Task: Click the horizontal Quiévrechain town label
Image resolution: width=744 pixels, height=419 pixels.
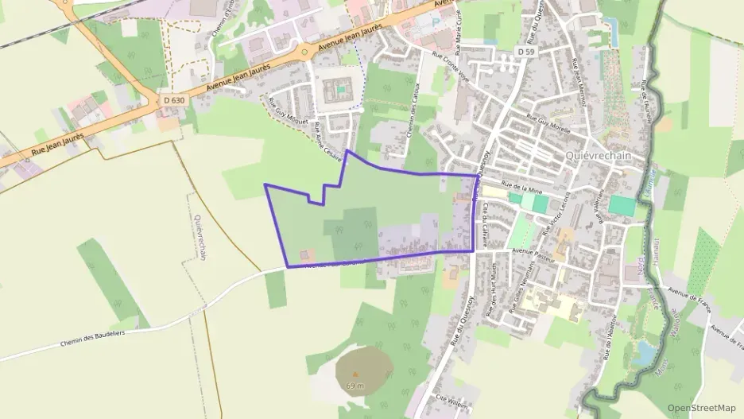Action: coord(598,156)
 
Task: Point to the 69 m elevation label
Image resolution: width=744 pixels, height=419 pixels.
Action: coord(355,386)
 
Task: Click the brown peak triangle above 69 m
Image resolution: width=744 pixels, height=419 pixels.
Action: coord(355,374)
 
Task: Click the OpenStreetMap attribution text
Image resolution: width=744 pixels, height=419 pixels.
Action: coord(702,408)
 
